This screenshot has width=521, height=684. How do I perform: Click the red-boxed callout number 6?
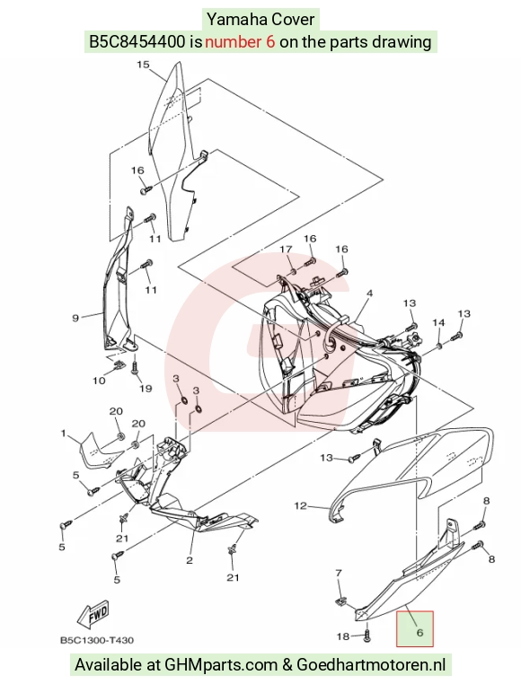419,632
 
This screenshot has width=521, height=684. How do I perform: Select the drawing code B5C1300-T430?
97,640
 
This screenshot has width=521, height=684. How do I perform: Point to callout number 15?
143,65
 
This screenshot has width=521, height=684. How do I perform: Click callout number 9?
75,318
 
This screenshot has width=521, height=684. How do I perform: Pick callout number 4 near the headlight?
369,294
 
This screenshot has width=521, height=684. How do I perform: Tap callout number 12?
301,505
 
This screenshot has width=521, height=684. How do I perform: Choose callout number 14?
438,322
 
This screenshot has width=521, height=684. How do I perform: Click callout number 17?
286,249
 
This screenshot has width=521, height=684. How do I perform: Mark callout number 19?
146,388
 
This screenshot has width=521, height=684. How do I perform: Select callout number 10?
99,381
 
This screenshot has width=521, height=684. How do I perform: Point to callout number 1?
63,434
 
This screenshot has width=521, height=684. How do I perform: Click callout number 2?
190,560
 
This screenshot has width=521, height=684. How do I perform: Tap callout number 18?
343,636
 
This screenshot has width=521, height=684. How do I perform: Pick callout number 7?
339,573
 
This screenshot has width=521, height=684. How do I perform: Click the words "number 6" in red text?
240,42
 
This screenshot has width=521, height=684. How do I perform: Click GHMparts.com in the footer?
221,665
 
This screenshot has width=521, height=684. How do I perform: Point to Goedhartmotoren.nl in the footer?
371,665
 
